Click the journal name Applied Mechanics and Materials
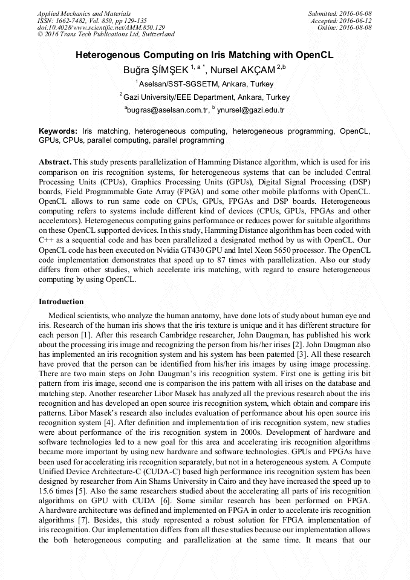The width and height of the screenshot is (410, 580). [83, 13]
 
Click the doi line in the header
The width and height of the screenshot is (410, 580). [101, 27]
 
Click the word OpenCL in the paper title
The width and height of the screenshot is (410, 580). [313, 55]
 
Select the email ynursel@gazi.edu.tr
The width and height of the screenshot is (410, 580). [250, 110]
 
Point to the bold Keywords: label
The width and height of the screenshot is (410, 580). [58, 131]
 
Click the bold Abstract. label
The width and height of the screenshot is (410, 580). [55, 163]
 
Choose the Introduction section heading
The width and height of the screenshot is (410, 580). [61, 301]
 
